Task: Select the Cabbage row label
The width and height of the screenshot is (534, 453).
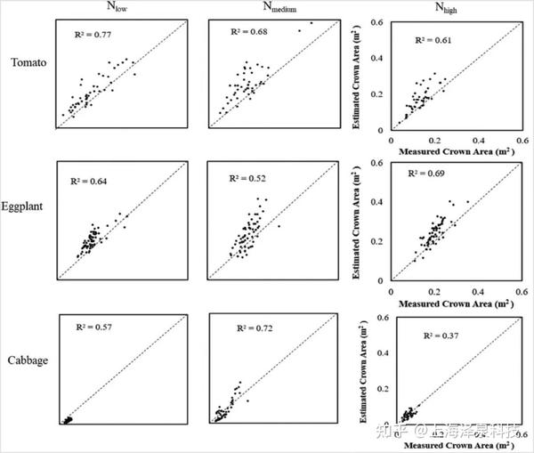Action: coord(27,360)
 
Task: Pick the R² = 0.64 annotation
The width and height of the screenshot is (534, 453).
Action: coord(89,181)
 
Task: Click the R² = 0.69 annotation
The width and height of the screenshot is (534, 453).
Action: coord(429,182)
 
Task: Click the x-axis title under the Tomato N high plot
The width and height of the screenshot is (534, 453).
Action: coord(452,150)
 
